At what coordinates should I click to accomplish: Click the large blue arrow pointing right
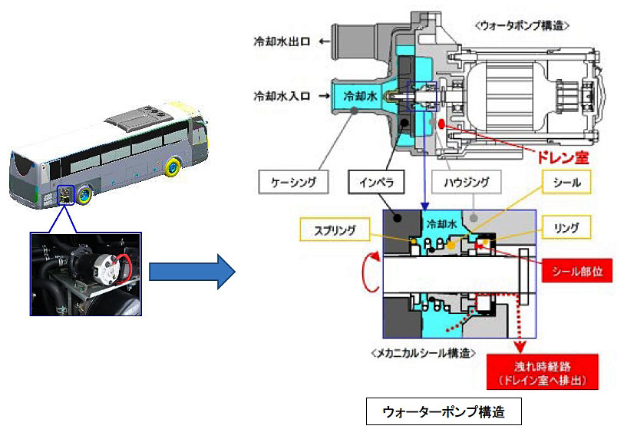tap(190, 270)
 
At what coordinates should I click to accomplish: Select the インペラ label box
tap(375, 182)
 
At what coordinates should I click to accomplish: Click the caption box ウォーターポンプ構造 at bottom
tap(444, 412)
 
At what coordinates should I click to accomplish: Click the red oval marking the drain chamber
tap(443, 124)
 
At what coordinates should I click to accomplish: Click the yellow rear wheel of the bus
tap(81, 193)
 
